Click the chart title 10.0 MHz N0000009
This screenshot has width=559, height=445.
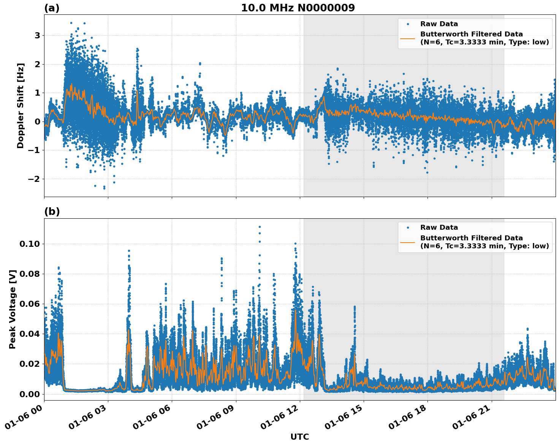click(298, 8)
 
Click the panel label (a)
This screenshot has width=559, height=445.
click(52, 8)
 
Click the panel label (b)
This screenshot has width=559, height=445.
click(52, 211)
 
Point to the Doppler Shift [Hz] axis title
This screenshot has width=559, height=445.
click(21, 106)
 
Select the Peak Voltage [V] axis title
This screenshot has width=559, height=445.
click(13, 309)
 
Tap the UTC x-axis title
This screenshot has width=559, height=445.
click(299, 437)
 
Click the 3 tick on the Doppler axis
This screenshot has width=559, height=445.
click(38, 36)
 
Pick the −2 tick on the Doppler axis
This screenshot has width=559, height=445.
click(35, 179)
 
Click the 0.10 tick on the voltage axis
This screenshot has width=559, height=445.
click(29, 244)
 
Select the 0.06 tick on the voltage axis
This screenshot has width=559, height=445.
click(29, 304)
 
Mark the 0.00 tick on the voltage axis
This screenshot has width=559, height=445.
click(29, 394)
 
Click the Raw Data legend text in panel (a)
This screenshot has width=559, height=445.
click(439, 24)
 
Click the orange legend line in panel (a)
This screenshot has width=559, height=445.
click(407, 38)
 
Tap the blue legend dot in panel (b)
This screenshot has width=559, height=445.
click(407, 228)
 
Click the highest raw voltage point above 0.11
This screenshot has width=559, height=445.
click(260, 227)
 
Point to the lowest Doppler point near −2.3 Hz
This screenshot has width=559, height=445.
click(104, 188)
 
